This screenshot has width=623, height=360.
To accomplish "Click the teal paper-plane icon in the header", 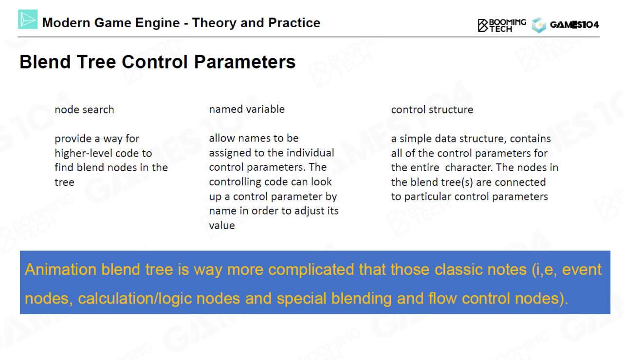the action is tap(28, 19).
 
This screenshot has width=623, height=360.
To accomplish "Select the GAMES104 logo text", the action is tap(575, 25).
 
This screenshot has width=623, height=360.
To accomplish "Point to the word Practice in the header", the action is tap(294, 22).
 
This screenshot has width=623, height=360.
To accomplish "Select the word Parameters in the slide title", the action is tap(245, 61).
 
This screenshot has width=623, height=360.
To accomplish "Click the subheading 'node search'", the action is tap(84, 109).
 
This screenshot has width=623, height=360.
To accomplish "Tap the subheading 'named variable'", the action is tap(247, 109).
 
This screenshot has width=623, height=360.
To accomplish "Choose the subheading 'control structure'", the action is tap(432, 109).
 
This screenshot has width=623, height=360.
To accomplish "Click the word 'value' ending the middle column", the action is tap(222, 225).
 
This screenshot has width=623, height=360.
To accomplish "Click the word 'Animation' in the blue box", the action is tap(61, 270).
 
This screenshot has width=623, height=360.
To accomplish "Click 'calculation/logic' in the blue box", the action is tap(135, 299).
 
